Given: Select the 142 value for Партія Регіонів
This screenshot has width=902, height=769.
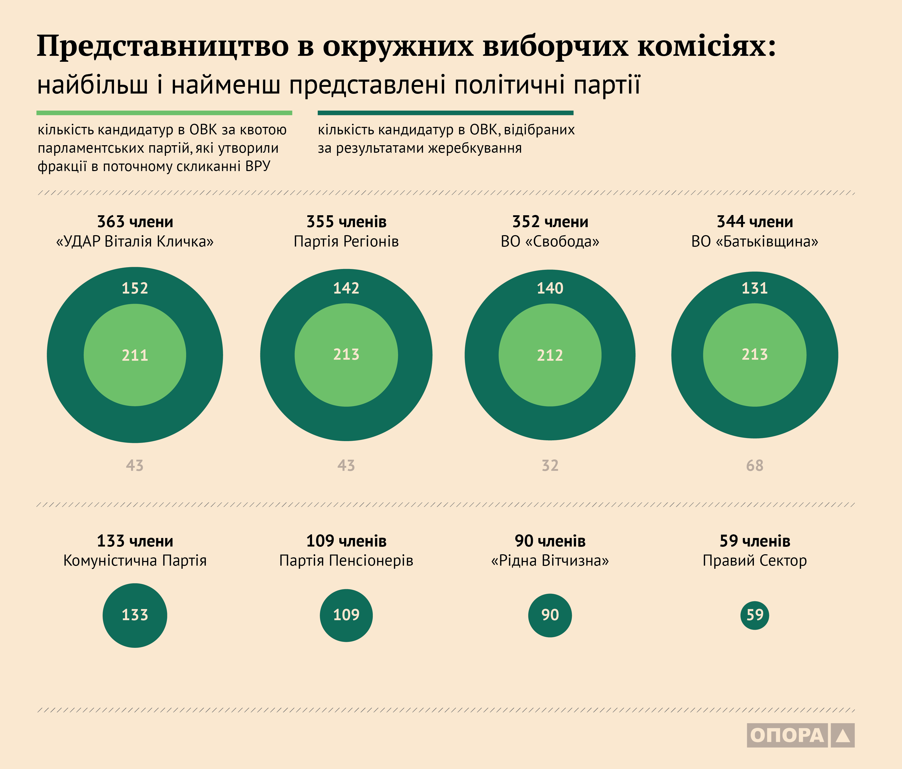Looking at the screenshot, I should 346,288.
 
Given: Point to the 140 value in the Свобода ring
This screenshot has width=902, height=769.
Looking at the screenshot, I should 550,288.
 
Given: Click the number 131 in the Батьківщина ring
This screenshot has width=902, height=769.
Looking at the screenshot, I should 754,288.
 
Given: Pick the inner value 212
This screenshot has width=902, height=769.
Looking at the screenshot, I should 550,355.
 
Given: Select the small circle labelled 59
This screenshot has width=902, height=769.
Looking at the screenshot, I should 754,615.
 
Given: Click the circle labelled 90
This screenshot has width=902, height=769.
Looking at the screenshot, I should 550,615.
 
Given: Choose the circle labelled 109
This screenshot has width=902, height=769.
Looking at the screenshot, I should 346,615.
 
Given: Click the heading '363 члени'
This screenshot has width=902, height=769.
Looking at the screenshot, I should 135,222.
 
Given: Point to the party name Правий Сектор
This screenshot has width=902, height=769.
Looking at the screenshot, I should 754,560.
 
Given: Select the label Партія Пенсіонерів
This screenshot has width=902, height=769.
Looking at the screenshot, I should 346,560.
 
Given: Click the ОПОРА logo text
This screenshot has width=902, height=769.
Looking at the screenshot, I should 787,735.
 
